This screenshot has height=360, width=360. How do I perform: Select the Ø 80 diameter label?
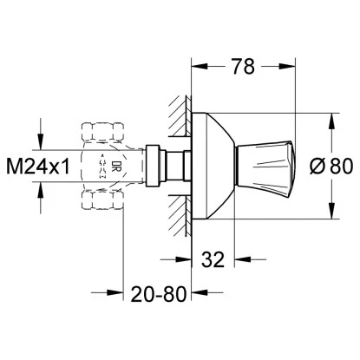(x=332, y=163)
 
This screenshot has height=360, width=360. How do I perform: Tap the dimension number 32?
(x=214, y=258)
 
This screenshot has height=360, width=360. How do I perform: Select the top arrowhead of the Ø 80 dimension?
(x=330, y=115)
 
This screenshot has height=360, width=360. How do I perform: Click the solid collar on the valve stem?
(x=155, y=163)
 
